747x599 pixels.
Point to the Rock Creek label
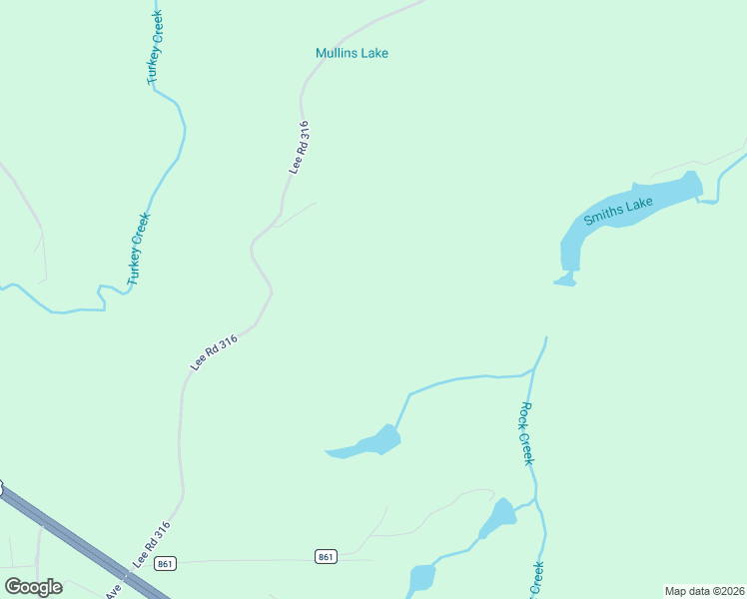[527, 433]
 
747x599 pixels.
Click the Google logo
[33, 586]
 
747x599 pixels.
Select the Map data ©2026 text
[704, 591]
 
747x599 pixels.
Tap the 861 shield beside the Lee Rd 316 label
[166, 563]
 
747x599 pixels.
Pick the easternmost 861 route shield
[325, 555]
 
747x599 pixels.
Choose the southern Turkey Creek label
[139, 249]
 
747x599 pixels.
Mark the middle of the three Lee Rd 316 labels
[214, 353]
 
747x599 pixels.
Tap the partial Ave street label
[113, 592]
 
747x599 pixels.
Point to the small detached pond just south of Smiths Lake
[565, 281]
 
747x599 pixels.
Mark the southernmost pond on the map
[422, 578]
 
